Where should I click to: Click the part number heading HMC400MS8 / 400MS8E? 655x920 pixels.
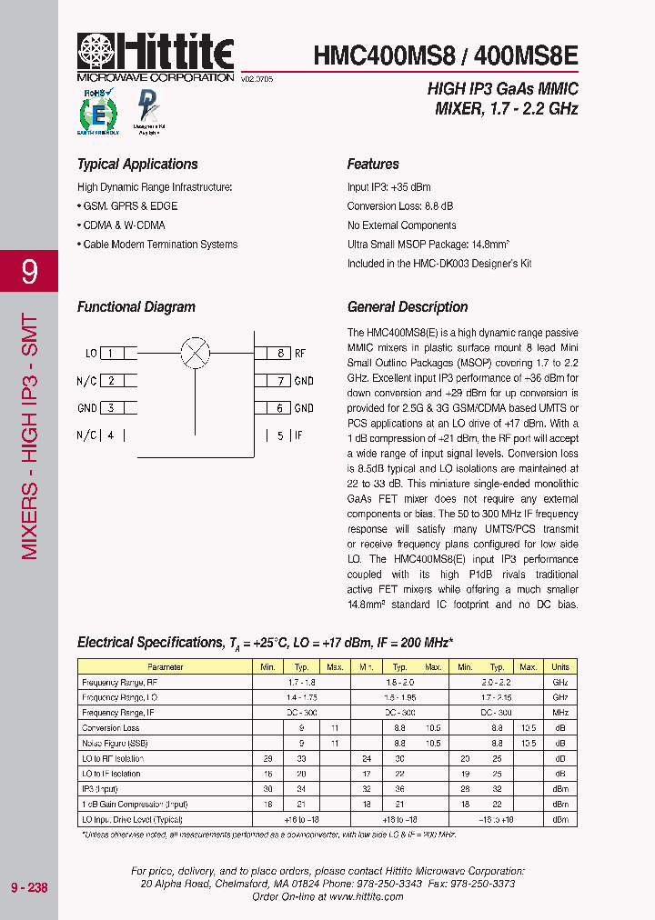tap(445, 55)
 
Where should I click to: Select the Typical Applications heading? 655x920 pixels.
tap(137, 165)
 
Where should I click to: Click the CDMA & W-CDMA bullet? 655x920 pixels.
tap(121, 225)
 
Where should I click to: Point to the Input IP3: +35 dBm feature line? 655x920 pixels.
tap(388, 187)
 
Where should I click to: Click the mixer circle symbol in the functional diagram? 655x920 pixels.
tap(195, 353)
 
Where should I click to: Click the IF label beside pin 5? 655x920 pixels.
tap(297, 435)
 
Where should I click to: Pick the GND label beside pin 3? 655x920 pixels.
tap(87, 408)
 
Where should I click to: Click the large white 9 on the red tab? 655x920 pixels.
tap(29, 271)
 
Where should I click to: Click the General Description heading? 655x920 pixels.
tap(408, 307)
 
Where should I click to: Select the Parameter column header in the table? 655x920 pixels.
tap(164, 667)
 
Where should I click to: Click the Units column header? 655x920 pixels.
tap(559, 667)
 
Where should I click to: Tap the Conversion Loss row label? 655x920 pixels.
tap(111, 728)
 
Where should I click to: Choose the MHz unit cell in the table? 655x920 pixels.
tap(559, 713)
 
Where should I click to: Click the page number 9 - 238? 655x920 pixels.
tap(29, 887)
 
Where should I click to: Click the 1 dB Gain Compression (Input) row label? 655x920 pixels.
tap(135, 805)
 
